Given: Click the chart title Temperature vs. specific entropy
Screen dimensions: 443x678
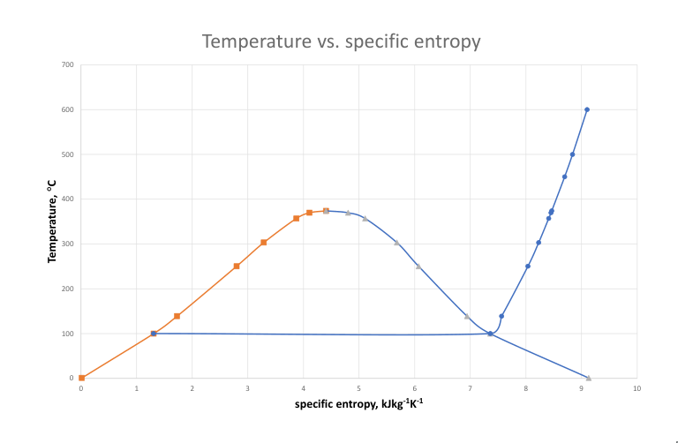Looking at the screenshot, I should coord(341,41).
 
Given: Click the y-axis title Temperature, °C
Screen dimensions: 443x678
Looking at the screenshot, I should coord(52,221).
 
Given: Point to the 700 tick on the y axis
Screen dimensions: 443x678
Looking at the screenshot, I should coord(68,64).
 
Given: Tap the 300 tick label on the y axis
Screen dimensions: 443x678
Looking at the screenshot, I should coord(68,244).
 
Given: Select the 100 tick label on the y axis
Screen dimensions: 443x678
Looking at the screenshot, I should coord(68,334).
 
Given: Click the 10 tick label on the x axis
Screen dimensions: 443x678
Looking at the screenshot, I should coord(637,388).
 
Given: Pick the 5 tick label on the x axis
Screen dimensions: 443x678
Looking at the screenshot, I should coord(358,388).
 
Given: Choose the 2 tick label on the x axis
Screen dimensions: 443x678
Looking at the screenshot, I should coord(192,388).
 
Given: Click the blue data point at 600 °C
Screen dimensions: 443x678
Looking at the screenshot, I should coord(587,109).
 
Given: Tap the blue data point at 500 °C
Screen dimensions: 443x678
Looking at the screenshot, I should coord(572,154).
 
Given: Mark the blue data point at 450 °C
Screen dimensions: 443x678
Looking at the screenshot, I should coord(564,176).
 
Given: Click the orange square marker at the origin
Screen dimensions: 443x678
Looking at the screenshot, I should coord(81,378).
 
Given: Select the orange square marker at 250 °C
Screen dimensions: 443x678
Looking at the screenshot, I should coord(237,266).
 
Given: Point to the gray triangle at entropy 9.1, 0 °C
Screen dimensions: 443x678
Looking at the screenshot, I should coord(588,378).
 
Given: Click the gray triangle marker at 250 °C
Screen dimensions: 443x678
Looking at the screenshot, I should coord(418,266).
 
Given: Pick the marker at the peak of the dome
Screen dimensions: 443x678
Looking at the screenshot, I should coord(326,211).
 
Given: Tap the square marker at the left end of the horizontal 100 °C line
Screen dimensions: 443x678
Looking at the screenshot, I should coord(154,334).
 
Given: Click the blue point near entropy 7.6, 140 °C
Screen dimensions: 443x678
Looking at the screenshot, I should coord(501,316).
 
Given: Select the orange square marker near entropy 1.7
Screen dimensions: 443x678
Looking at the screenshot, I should coord(177,316).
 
